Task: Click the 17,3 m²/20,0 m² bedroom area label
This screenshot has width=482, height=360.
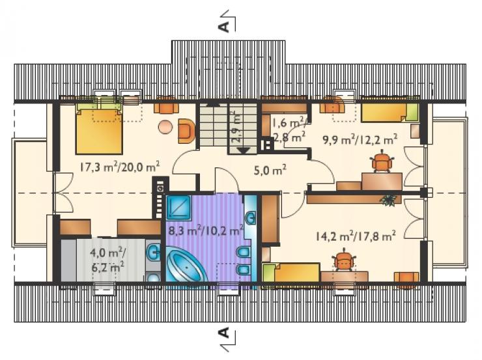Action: (x=120, y=167)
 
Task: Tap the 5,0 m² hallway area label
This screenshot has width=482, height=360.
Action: (x=270, y=170)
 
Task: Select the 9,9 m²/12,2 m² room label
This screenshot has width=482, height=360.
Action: (x=360, y=140)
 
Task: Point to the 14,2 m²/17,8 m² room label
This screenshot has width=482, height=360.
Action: (x=356, y=236)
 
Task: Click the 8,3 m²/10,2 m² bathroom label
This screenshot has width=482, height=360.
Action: (x=206, y=230)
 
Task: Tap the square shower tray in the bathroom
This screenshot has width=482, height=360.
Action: (x=178, y=208)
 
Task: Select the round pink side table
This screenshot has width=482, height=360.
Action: (x=165, y=126)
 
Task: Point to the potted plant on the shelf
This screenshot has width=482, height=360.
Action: (x=388, y=200)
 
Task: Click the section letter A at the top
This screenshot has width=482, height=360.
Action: (x=225, y=27)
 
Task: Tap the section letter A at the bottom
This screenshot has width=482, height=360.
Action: (x=225, y=333)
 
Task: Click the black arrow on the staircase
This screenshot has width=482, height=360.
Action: (x=245, y=150)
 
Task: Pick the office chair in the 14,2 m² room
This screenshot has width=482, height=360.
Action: (x=344, y=260)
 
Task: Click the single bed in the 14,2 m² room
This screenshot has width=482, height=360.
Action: (x=291, y=272)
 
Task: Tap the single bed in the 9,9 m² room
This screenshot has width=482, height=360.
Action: (x=390, y=113)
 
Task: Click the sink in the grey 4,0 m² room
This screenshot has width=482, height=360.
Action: (x=153, y=252)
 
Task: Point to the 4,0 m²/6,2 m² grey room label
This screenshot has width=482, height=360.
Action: (x=108, y=260)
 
